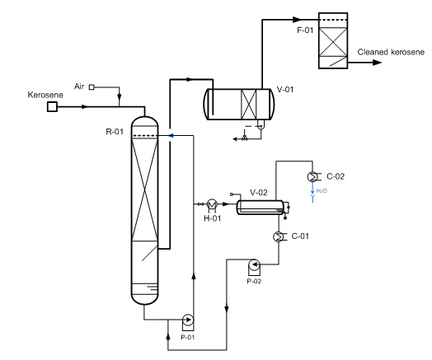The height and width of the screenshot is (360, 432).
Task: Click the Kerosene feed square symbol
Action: (x=52, y=106)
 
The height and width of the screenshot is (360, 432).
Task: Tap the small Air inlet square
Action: (x=92, y=87)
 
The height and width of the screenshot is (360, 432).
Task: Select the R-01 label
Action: (x=115, y=132)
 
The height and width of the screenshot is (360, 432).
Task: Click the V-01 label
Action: (x=285, y=90)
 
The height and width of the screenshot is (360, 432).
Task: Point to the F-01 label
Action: (x=305, y=30)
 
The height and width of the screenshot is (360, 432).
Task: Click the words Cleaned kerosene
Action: (x=391, y=52)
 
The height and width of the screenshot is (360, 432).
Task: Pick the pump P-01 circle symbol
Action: (x=188, y=320)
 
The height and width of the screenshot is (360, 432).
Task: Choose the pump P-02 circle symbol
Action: (x=254, y=264)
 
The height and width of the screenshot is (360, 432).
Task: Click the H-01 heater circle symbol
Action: (x=212, y=204)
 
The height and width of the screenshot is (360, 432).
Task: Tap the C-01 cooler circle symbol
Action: (x=279, y=236)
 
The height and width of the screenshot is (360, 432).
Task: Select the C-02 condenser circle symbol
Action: (x=312, y=176)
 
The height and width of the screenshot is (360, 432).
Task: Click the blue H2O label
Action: (x=322, y=190)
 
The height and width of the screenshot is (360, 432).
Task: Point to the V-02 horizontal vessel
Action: (x=260, y=208)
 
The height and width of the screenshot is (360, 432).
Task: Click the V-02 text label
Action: (x=259, y=193)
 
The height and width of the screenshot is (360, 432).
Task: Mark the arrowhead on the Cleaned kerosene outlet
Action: (x=377, y=63)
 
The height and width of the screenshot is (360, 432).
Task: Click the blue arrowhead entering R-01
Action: (x=171, y=135)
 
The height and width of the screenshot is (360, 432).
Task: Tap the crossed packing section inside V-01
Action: (x=248, y=105)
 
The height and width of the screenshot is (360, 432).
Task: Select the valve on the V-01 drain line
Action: (x=244, y=138)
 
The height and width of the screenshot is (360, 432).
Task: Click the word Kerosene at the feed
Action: (x=45, y=95)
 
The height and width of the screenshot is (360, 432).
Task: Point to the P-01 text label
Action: (x=188, y=337)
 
